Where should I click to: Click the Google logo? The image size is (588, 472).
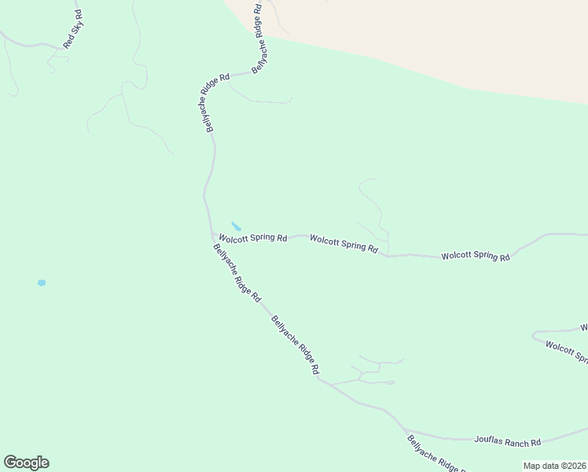(26, 463)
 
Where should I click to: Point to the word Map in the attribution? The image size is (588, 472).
(534, 466)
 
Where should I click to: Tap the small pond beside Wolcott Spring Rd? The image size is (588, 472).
(236, 227)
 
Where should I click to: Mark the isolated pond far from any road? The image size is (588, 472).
(41, 282)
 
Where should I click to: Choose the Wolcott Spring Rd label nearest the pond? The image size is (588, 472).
(252, 237)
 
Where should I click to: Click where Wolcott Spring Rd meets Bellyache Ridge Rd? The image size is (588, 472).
(212, 234)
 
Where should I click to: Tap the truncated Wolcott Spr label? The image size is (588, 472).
(566, 351)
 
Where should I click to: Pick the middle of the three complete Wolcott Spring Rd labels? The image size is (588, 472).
(344, 244)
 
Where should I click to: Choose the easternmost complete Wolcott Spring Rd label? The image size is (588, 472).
(476, 256)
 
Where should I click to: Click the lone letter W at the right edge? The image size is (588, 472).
(584, 326)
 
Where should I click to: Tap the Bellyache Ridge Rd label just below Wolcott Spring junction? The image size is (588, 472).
(237, 272)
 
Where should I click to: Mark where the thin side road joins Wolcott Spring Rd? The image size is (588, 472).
(387, 256)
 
